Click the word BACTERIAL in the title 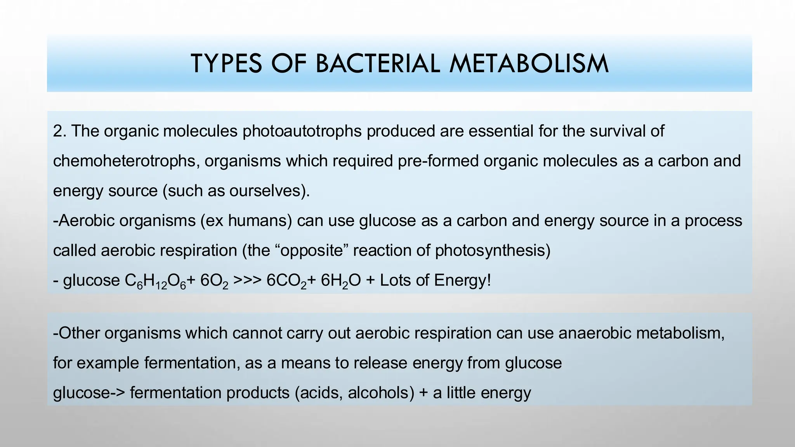378,64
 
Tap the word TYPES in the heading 226,64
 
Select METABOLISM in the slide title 529,64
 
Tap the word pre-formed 438,161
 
